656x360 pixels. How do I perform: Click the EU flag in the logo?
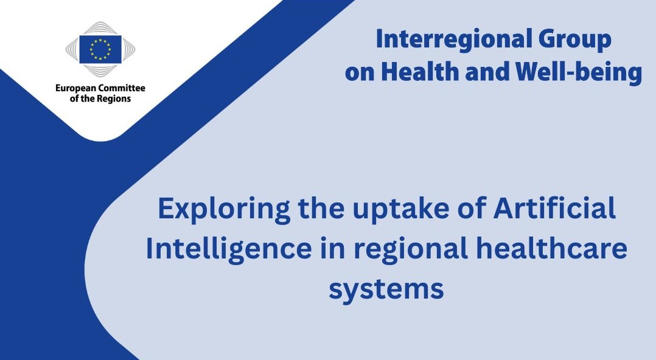pyautogui.click(x=100, y=49)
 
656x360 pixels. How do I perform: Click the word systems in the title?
pyautogui.click(x=386, y=289)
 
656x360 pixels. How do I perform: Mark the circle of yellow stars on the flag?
pyautogui.click(x=100, y=49)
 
